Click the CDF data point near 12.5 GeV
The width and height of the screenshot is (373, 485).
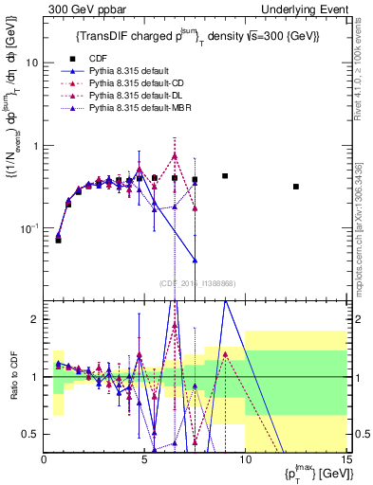296,187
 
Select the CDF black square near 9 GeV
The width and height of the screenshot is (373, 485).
225,176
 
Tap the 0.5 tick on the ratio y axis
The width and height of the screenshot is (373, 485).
33,434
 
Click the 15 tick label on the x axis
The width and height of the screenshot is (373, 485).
345,459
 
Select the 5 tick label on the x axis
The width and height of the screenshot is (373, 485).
144,459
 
